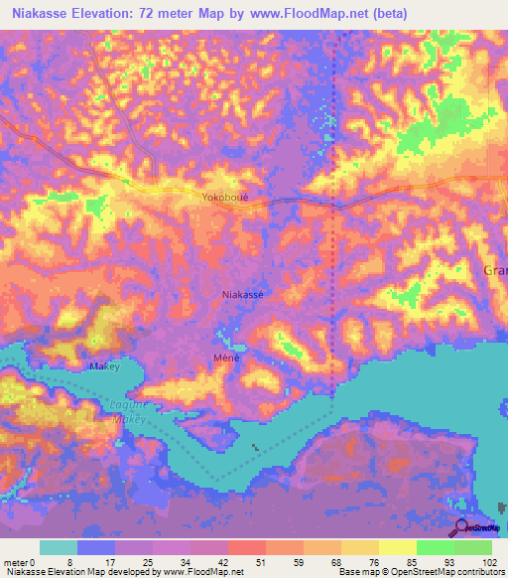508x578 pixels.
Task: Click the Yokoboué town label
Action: point(218,197)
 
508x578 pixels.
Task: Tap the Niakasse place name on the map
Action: point(244,295)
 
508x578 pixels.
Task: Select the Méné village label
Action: point(226,357)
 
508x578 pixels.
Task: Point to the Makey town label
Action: point(104,366)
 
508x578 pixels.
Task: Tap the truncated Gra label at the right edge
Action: point(494,270)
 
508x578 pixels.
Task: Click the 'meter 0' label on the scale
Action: point(20,561)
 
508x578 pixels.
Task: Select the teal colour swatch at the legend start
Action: point(59,547)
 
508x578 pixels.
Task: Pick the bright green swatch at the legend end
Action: point(472,547)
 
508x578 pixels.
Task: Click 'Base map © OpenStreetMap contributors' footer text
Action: point(422,572)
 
